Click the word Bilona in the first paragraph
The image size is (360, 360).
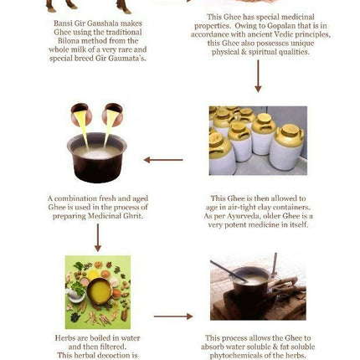[69, 41]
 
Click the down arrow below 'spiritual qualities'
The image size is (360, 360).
[258, 76]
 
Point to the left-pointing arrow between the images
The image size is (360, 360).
[163, 160]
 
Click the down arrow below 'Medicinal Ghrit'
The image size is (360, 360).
[98, 238]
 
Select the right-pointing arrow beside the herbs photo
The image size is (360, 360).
[173, 316]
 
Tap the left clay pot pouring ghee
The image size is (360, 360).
[80, 114]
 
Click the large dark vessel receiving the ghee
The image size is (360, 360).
[97, 157]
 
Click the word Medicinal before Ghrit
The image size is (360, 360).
[105, 216]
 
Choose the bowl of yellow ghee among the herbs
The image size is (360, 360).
[100, 291]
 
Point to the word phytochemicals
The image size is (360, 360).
[236, 356]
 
